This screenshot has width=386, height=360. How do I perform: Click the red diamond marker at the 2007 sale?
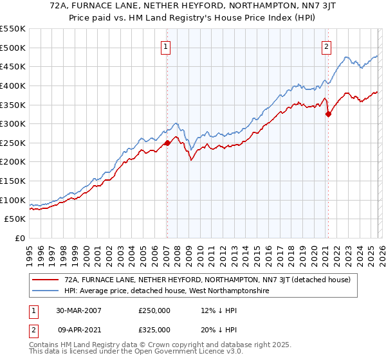[167, 143]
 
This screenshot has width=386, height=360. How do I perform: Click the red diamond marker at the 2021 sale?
[328, 114]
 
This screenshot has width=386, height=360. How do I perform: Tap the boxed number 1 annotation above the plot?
[166, 46]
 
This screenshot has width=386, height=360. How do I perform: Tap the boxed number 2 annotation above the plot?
[327, 46]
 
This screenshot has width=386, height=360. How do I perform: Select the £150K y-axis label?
[13, 181]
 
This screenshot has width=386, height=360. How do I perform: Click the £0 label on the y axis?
[19, 239]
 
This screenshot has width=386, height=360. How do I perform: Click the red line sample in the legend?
[46, 280]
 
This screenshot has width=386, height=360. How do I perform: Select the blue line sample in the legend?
[46, 291]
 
